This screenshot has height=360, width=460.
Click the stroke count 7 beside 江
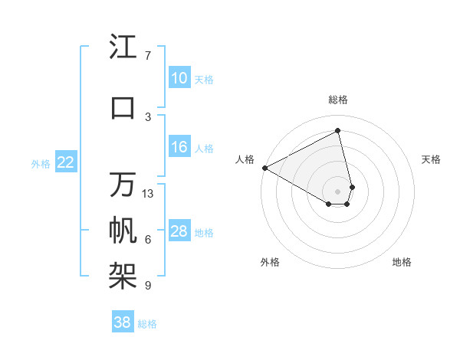click(x=148, y=56)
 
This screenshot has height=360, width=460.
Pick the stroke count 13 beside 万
click(x=148, y=194)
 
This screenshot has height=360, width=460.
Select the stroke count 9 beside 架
click(x=148, y=286)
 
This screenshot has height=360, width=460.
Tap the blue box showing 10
click(x=179, y=78)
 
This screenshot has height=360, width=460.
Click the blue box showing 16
click(x=179, y=147)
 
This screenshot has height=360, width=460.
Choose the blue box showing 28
click(x=179, y=231)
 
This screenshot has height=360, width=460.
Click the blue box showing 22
click(x=66, y=162)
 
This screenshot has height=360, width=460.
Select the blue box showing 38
click(x=123, y=322)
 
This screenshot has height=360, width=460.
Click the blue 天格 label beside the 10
click(x=204, y=79)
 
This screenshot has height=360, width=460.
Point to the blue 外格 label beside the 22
click(x=41, y=162)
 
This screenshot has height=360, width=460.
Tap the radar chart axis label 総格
click(x=338, y=100)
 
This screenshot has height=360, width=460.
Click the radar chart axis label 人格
click(x=245, y=159)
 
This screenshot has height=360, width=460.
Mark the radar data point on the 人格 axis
click(x=264, y=168)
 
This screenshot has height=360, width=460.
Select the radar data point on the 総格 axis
click(x=338, y=130)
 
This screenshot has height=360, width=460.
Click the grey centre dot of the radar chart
click(x=338, y=190)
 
